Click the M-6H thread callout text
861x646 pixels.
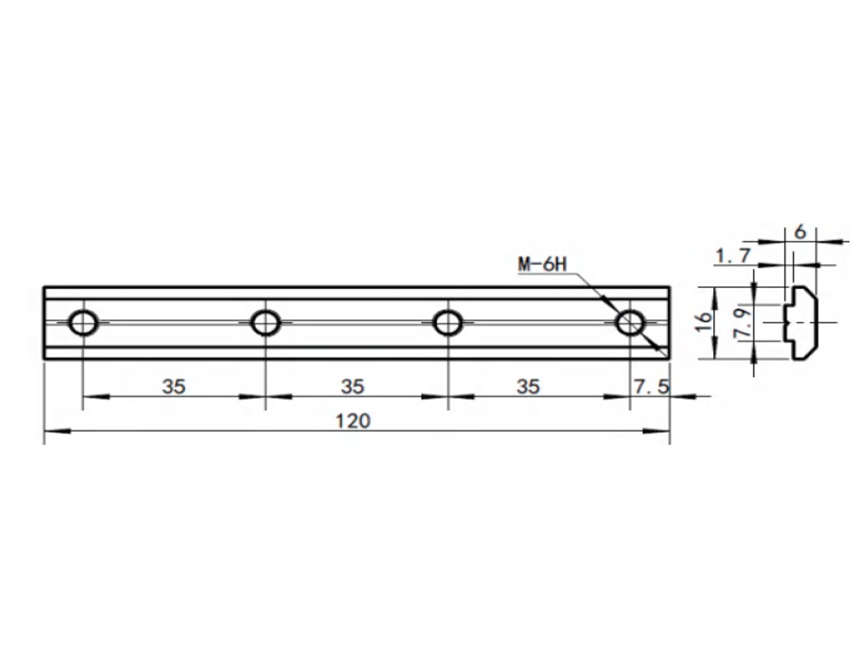point(542,265)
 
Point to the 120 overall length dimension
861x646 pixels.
point(353,422)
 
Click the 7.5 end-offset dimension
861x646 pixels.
point(652,387)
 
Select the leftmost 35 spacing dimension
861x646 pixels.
point(174,387)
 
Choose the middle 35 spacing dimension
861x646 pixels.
point(352,387)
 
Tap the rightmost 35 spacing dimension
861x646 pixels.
point(528,387)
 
